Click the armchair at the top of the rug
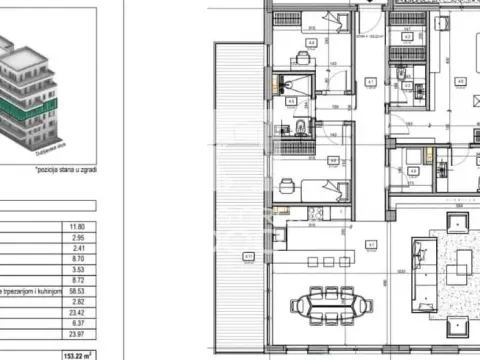click(x=459, y=221)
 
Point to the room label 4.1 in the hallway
click(x=369, y=81)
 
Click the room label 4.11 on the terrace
click(x=247, y=260)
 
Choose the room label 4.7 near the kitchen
click(x=370, y=243)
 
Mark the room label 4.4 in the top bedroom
click(x=311, y=43)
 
